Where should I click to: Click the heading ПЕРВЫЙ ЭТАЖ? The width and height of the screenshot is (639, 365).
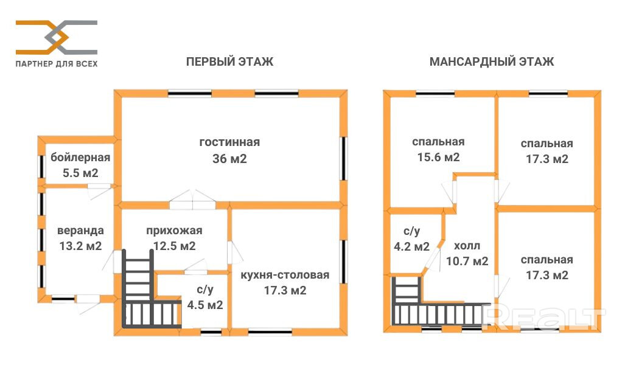[x=229, y=62]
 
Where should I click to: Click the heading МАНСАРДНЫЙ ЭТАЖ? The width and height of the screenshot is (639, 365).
[x=491, y=62]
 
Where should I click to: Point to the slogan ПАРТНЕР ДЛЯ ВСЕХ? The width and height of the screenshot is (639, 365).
[x=56, y=63]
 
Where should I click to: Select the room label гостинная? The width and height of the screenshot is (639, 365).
[x=229, y=142]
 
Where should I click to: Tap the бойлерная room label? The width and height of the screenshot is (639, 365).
[x=80, y=158]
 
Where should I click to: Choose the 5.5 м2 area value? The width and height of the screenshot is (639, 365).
[x=80, y=173]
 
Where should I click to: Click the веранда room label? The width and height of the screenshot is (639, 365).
[x=80, y=231]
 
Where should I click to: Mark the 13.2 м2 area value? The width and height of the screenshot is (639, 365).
[x=80, y=246]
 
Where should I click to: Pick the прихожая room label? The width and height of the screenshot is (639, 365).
[x=174, y=231]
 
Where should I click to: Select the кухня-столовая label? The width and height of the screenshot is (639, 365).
[x=285, y=275]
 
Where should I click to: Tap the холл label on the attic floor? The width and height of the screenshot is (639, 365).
[x=467, y=246]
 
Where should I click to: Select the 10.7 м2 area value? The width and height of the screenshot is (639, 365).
[x=467, y=262]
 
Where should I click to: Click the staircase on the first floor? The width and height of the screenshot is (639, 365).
[x=146, y=298]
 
